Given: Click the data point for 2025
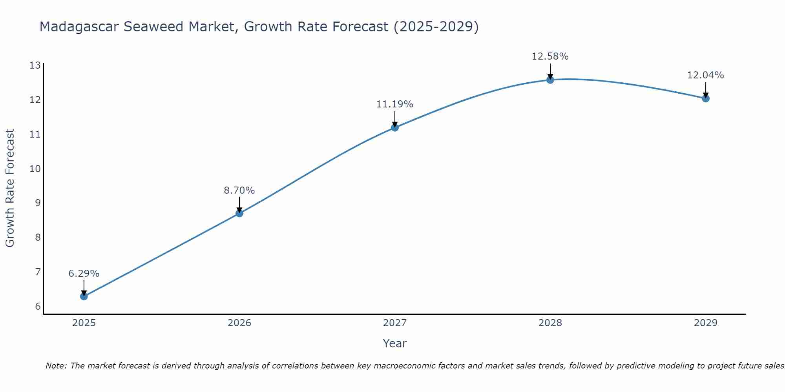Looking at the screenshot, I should [84, 296].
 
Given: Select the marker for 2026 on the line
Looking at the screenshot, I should [239, 213].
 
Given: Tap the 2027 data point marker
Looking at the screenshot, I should [395, 127].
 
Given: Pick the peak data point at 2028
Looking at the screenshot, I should [550, 80].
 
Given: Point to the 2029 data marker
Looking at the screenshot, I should [706, 98].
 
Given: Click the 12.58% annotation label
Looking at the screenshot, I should [550, 56].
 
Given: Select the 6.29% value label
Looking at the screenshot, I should [84, 274].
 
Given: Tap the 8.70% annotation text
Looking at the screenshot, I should [239, 191].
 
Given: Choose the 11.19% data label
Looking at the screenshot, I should [394, 104].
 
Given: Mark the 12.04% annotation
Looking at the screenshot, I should [705, 75].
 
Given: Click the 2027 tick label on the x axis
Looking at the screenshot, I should [395, 323].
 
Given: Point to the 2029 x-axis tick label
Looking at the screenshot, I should [706, 323].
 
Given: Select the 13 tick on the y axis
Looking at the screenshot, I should [35, 65].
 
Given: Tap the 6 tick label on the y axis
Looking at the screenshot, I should [38, 307].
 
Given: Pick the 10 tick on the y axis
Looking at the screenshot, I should [35, 169].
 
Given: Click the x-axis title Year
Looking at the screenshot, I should [394, 343].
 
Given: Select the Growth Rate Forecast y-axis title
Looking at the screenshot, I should [10, 188].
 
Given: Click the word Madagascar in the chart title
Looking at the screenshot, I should [79, 27].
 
